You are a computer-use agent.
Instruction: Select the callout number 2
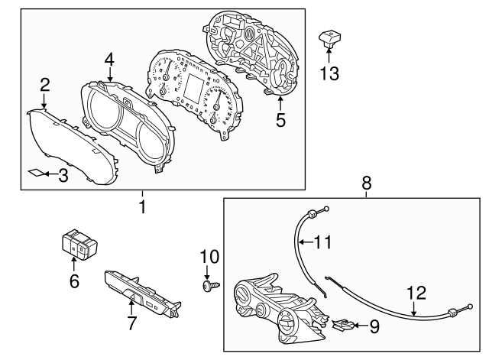(45, 84)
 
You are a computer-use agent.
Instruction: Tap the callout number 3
(63, 175)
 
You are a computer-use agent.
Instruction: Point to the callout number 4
(110, 58)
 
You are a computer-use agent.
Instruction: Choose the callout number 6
(74, 281)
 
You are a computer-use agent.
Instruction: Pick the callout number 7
(132, 323)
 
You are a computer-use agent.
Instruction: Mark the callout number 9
(374, 326)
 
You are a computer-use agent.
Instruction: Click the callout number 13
(330, 73)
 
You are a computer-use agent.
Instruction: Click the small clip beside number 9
(343, 326)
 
